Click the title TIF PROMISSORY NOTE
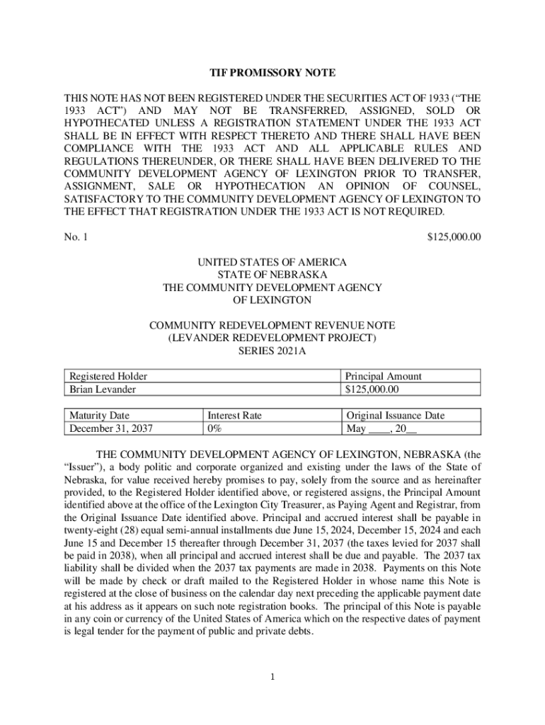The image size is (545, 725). (272, 73)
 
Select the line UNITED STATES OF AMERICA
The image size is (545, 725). (272, 262)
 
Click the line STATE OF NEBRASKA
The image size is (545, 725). (272, 275)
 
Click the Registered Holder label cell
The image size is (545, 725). (108, 377)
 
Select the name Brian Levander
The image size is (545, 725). (103, 389)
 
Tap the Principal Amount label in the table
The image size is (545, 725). (383, 377)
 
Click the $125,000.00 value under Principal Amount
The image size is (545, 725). (372, 389)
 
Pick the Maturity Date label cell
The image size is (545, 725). (100, 416)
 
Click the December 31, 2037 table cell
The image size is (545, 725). (111, 428)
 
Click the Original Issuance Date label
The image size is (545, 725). (395, 416)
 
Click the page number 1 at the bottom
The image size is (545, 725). (272, 677)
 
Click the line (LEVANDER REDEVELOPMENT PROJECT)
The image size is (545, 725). (272, 338)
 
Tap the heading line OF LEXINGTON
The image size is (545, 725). (272, 300)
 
